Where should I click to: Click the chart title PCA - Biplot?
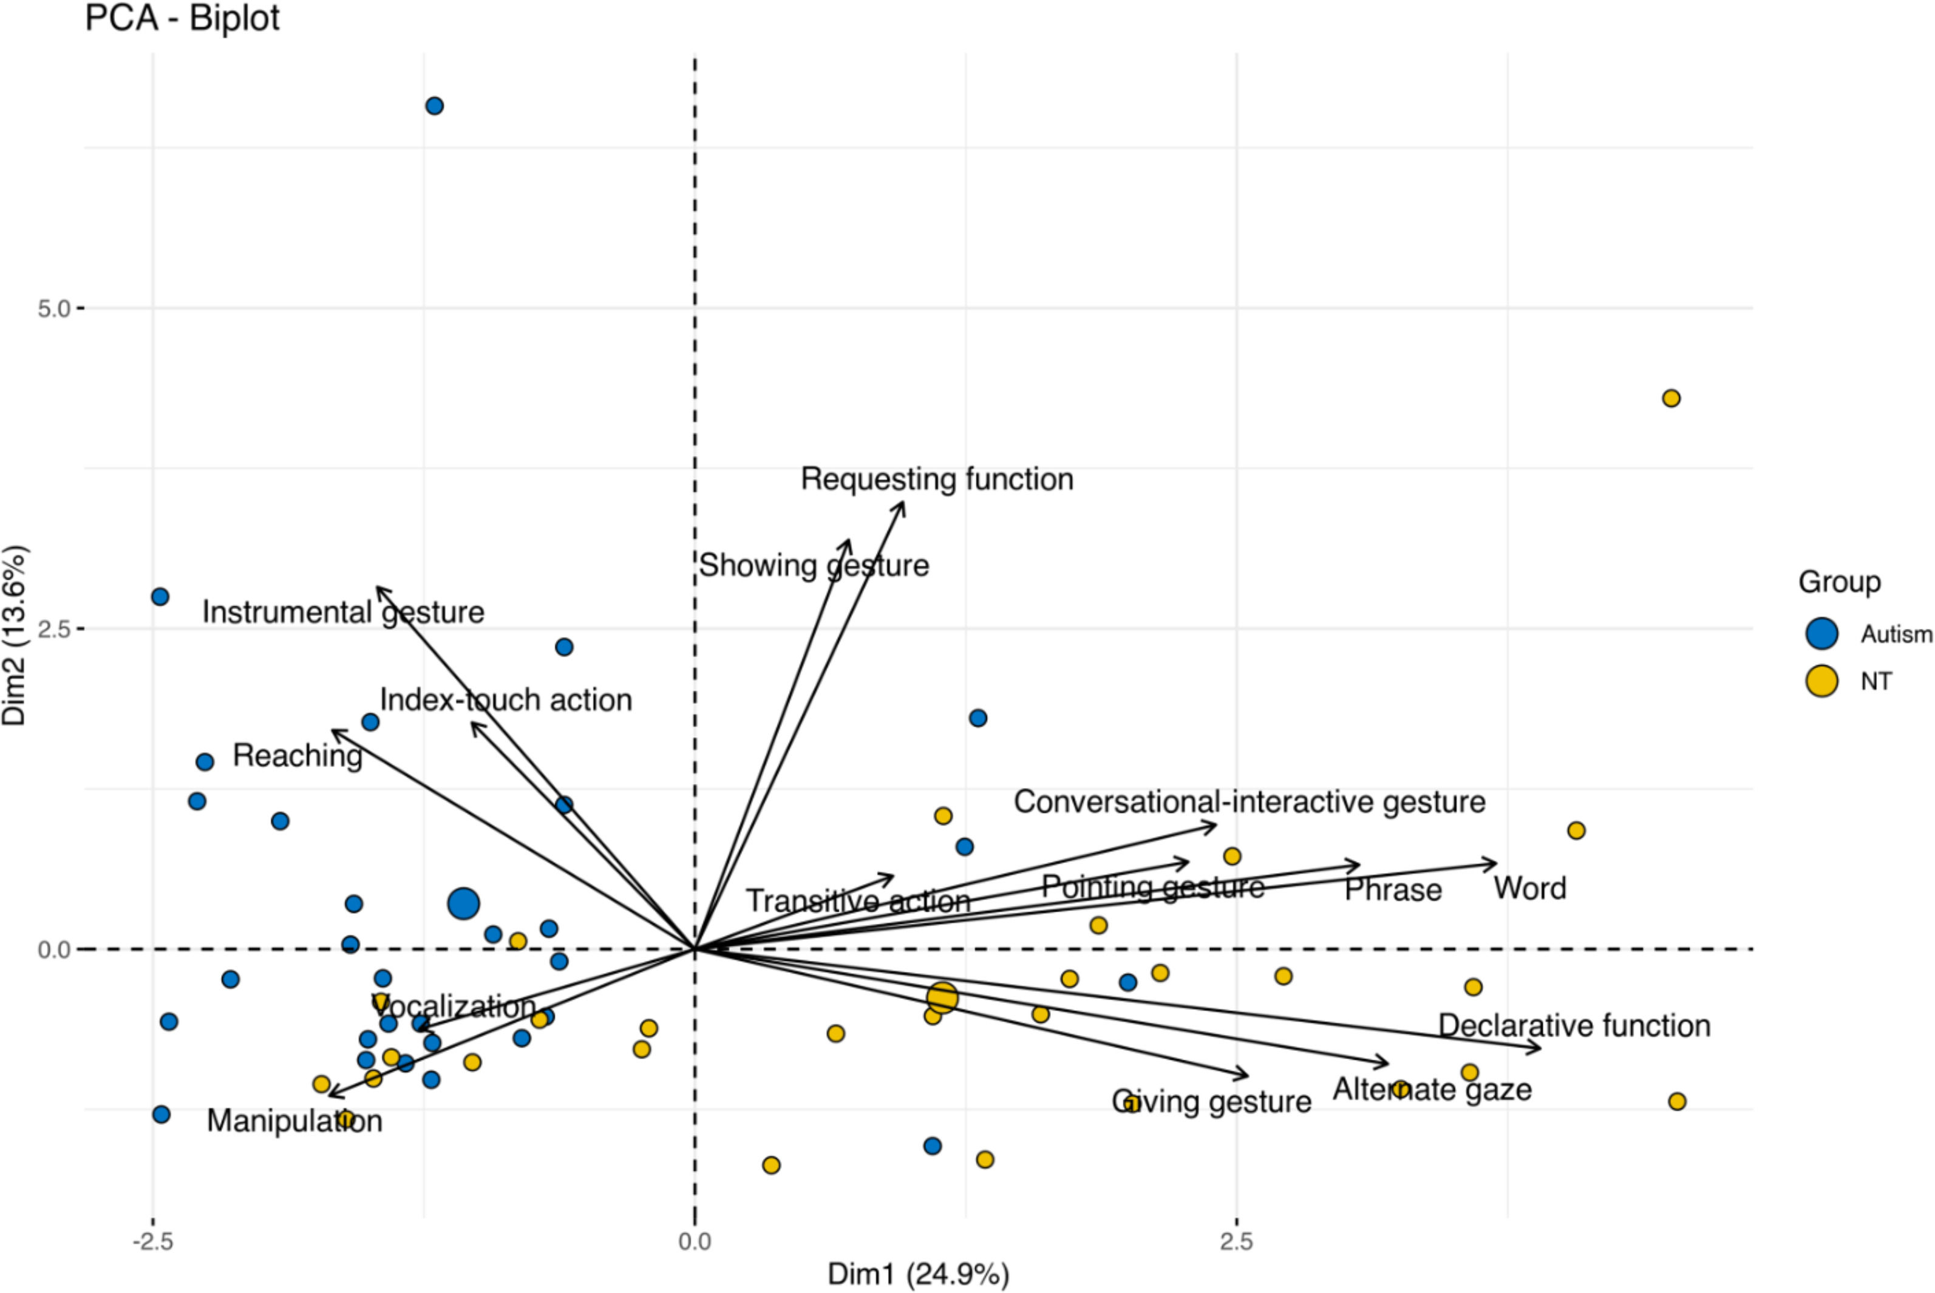pos(182,18)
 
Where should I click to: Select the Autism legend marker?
pos(1821,633)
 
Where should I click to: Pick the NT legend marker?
pos(1821,681)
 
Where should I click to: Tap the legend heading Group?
pos(1839,582)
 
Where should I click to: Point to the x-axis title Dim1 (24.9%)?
pos(918,1274)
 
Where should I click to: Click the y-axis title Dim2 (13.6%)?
pos(15,636)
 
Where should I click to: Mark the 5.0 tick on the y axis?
pos(55,308)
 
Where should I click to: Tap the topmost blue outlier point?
pos(435,106)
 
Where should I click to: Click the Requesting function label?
pos(937,479)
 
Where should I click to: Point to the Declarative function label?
pos(1574,1026)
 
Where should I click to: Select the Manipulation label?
pos(294,1121)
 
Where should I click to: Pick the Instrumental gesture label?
pos(343,613)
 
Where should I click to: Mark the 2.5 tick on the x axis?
pos(1236,1241)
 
